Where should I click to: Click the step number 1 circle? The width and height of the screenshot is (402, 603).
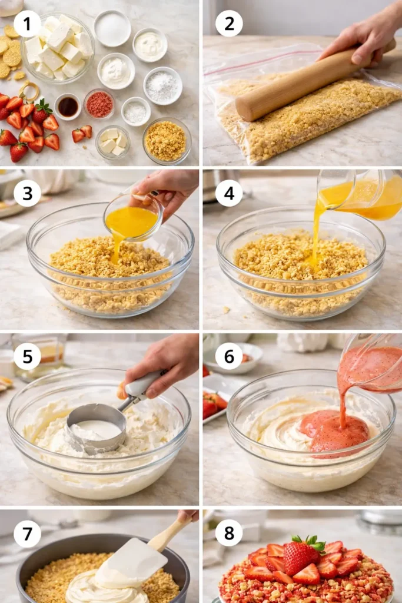point(27,24)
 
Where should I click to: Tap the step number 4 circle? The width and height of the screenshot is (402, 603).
point(229,193)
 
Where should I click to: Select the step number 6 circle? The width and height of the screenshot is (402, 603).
point(229,356)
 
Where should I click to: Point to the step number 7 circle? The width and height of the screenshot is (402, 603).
point(27,534)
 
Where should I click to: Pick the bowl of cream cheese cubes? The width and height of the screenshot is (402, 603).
point(58,47)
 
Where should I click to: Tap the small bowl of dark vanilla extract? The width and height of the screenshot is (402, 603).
point(68,107)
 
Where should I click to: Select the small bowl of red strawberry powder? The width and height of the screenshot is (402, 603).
point(99,104)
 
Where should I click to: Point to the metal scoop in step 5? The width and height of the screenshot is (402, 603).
point(97,425)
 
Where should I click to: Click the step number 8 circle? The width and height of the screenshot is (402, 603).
point(229,534)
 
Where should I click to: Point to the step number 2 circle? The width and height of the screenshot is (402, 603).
point(229,24)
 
